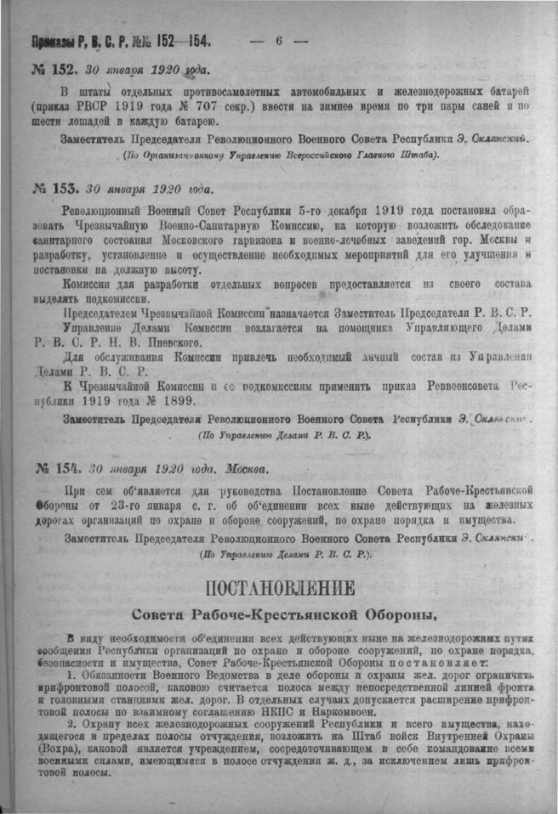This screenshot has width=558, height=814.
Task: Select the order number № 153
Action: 55,187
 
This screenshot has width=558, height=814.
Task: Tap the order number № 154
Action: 55,468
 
